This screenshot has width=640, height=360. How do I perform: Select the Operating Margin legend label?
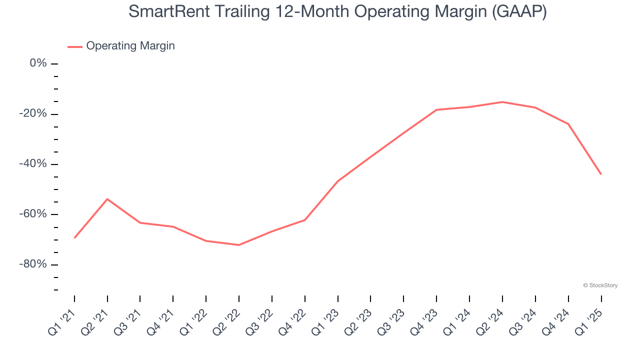coord(130,46)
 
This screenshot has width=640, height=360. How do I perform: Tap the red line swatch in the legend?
coord(75,46)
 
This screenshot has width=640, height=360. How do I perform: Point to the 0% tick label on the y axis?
coord(38,63)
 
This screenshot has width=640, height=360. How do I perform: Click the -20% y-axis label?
coord(33,114)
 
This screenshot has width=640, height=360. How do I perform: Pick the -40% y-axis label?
coord(33,164)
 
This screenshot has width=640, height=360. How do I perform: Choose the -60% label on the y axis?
coord(33,214)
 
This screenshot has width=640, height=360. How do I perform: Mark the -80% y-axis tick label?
coord(33,264)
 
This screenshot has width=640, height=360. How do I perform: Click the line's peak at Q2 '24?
coord(502,102)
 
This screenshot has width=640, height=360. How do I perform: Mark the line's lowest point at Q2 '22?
coord(239,245)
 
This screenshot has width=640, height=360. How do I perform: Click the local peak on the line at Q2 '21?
coord(107,199)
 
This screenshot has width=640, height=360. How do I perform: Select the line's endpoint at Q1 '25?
coord(600,174)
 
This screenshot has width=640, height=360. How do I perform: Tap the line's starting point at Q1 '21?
coord(74,238)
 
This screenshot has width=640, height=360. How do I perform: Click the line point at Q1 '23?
coord(338,181)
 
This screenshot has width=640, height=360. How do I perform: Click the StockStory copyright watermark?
coord(600,285)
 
